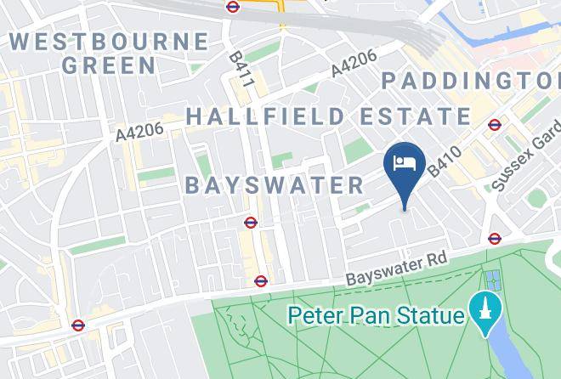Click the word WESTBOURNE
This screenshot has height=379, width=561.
click(x=109, y=42)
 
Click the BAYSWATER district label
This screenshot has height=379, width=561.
click(x=274, y=185)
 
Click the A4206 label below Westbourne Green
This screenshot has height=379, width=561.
click(x=139, y=131)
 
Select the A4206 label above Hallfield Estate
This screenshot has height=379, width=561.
click(x=353, y=65)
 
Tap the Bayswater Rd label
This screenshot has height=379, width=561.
click(x=396, y=269)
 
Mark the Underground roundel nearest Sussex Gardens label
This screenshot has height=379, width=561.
click(x=495, y=125)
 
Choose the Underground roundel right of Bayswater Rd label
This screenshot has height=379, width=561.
click(x=495, y=239)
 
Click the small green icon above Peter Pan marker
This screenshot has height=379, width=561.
click(x=492, y=278)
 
